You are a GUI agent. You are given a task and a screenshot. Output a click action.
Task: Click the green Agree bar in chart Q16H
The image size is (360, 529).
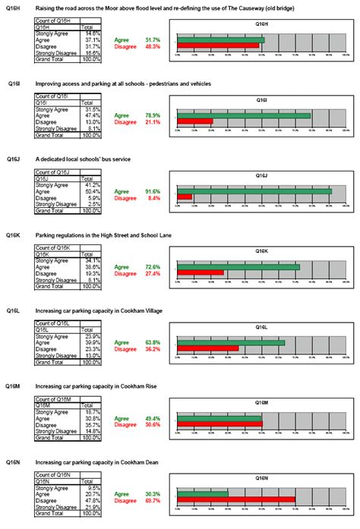click(x=220, y=39)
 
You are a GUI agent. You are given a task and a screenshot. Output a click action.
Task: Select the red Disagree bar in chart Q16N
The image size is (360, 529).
click(x=235, y=499)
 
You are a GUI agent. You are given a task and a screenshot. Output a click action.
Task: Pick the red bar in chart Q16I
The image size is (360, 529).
click(x=194, y=121)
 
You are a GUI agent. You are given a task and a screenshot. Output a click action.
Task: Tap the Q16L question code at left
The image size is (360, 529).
click(x=14, y=311)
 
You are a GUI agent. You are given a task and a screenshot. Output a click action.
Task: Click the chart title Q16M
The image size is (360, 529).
click(x=261, y=403)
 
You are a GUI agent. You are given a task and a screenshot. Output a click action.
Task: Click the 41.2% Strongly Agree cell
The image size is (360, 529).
click(x=92, y=185)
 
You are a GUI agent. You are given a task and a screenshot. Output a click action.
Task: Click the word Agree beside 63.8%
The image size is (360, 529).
click(x=122, y=342)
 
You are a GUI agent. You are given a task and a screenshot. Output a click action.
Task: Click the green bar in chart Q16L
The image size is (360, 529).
click(x=230, y=342)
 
